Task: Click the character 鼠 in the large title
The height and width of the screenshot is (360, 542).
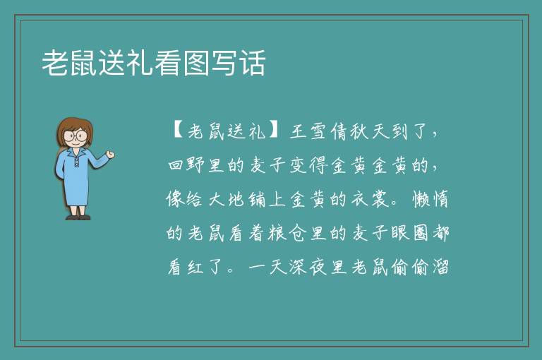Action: click(x=84, y=63)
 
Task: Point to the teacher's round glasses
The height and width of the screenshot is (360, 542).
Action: click(x=75, y=136)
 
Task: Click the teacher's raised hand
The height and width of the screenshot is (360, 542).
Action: click(x=110, y=155)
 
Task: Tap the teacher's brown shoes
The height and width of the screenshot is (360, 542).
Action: click(x=78, y=217)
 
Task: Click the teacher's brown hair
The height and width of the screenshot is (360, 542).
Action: click(x=73, y=128)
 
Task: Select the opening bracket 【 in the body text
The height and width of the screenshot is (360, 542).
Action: click(x=178, y=131)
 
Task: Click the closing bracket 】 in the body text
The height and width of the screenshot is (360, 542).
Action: click(x=275, y=131)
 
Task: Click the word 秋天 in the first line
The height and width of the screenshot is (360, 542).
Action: click(x=370, y=131)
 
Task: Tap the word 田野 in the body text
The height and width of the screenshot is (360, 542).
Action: click(x=186, y=165)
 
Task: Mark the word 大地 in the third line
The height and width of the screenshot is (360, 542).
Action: click(x=227, y=199)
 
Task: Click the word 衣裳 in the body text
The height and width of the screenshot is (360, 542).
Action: click(x=370, y=199)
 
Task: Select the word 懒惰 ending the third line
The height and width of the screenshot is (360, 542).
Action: click(x=430, y=199)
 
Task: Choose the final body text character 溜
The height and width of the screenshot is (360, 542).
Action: click(x=440, y=267)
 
